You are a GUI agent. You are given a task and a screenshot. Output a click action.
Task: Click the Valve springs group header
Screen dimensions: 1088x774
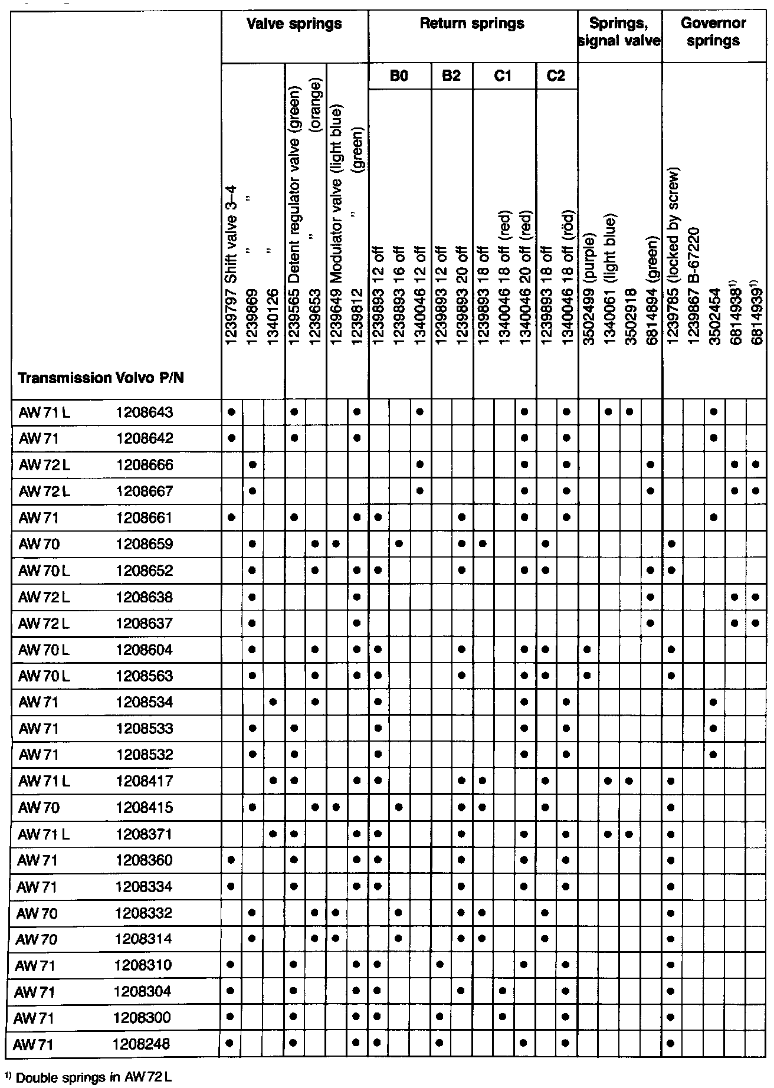tap(294, 24)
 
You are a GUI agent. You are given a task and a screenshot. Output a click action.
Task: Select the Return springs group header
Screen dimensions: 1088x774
tap(472, 24)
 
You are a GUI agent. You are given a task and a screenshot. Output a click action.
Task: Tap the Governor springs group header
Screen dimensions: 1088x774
tap(713, 32)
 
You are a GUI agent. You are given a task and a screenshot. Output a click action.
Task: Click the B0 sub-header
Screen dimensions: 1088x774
tap(399, 76)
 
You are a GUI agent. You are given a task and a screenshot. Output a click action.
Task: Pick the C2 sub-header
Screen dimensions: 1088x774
tap(556, 76)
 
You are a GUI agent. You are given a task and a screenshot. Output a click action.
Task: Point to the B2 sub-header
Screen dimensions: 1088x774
tap(451, 76)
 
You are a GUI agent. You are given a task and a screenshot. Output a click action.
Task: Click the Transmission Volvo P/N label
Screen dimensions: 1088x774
tap(101, 378)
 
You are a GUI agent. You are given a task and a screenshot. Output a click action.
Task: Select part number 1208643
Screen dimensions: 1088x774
tap(145, 412)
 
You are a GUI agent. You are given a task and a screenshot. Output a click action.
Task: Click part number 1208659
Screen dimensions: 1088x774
tap(145, 543)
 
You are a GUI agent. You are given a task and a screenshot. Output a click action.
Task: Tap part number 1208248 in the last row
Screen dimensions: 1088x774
tap(141, 1044)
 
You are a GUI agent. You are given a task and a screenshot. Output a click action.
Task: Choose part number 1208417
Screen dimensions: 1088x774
tap(145, 781)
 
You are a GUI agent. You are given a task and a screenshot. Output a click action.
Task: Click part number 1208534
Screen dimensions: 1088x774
tap(145, 702)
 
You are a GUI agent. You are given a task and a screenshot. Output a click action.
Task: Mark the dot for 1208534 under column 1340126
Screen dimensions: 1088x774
tap(273, 702)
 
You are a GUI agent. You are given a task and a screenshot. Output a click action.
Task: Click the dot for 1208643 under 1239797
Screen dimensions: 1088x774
tap(231, 412)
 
